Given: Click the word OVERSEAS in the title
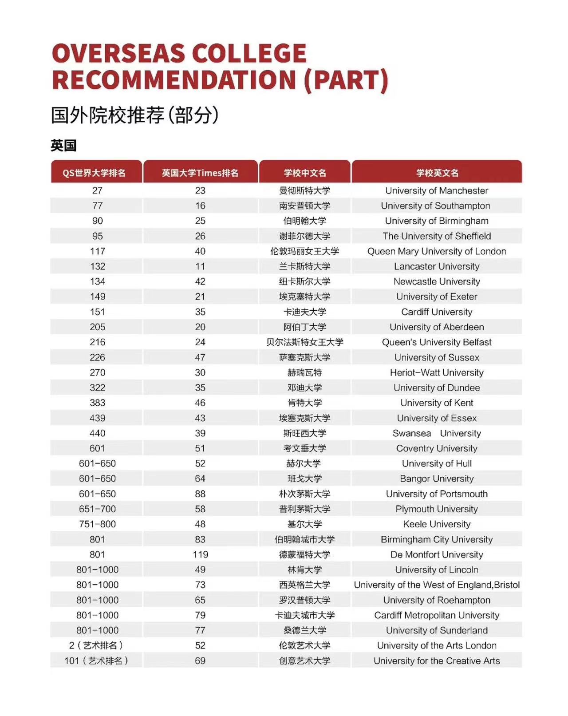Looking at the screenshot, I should [x=118, y=54].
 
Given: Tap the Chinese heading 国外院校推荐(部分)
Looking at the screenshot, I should [x=134, y=115].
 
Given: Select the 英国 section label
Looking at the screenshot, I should [x=63, y=146].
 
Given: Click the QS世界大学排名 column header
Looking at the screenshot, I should [x=94, y=173].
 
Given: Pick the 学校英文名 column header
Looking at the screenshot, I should [x=437, y=173].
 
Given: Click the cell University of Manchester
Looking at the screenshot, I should [x=437, y=190].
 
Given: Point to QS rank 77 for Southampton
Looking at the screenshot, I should [x=97, y=206].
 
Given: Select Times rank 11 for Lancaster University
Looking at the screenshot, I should [x=200, y=266].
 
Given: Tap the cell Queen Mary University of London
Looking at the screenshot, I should [x=437, y=251].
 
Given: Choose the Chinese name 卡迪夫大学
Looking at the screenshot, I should [x=304, y=312].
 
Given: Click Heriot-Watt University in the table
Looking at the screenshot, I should [x=437, y=372].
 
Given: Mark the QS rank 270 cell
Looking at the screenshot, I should [x=97, y=372].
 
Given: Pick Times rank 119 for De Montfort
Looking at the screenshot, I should [x=200, y=554].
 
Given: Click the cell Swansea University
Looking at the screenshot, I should [x=437, y=433].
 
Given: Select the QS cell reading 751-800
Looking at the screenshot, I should [x=97, y=524].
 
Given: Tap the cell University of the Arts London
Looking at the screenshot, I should [x=437, y=645].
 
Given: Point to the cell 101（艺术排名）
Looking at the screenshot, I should [x=96, y=661].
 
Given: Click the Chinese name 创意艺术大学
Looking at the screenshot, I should [x=304, y=661].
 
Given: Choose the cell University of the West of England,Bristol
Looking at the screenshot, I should [x=437, y=585].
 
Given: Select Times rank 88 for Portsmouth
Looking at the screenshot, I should [x=200, y=494].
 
